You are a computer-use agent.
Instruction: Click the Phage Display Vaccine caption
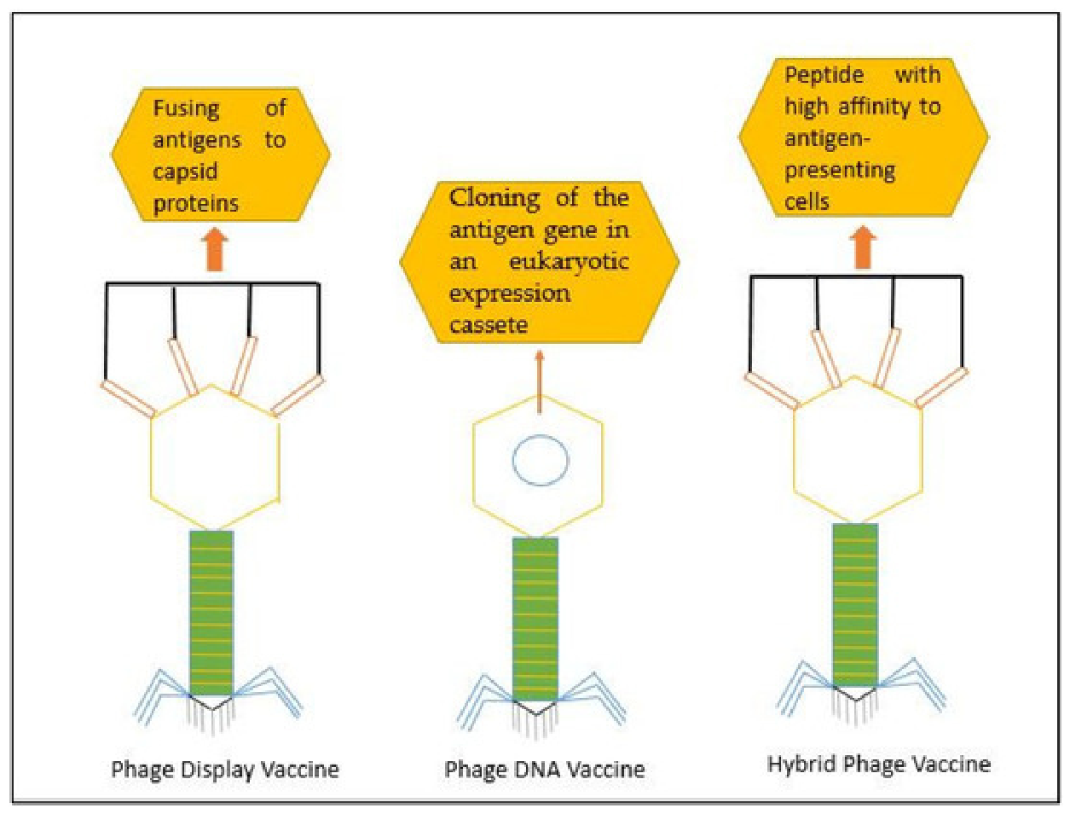point(225,770)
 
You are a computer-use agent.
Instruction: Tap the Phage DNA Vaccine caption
point(545,769)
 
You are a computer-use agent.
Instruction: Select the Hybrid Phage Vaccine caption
point(878,765)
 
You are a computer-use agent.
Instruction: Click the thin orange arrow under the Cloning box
point(539,382)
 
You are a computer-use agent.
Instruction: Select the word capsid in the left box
point(185,172)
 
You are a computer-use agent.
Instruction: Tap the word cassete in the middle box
point(489,325)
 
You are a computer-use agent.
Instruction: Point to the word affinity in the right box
point(875,108)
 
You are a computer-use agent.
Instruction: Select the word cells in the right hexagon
point(807,201)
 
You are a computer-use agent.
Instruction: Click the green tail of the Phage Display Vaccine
point(211,613)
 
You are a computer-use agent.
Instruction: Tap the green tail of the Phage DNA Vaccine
point(535,619)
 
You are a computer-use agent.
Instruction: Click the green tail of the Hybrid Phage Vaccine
point(855,605)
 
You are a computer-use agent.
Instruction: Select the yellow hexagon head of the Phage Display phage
point(151,458)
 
